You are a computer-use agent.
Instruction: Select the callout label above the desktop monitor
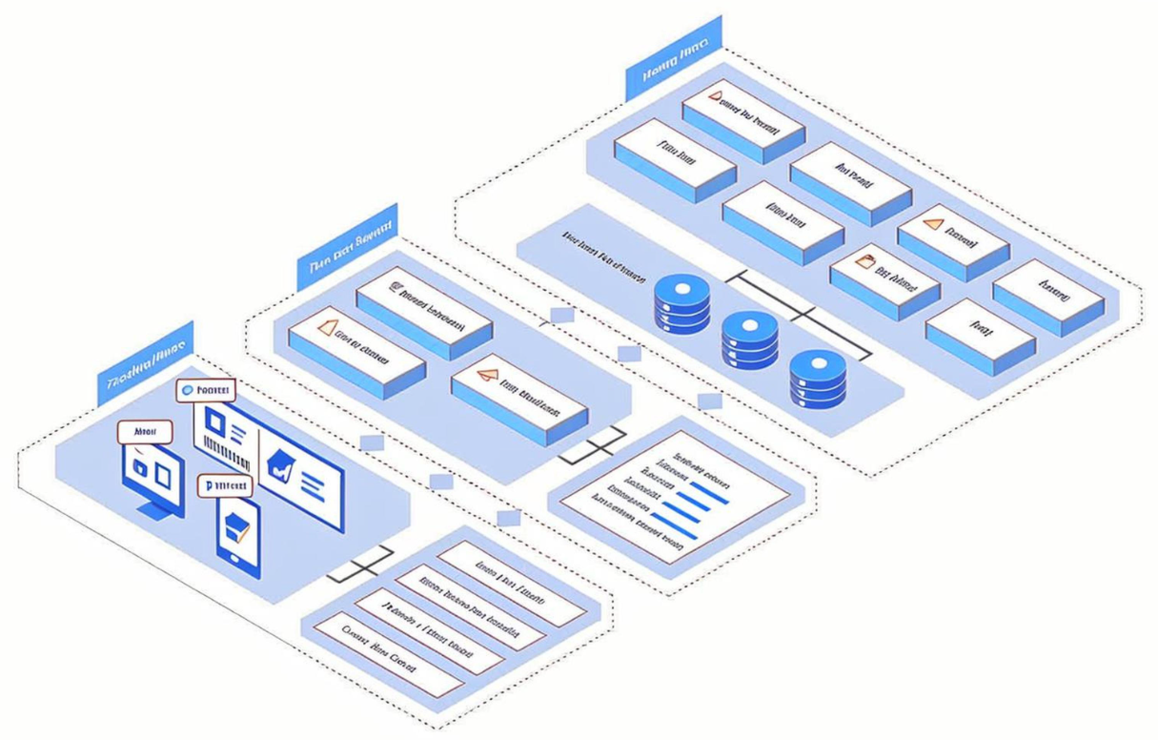(145, 432)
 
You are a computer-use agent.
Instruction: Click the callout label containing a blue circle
(205, 390)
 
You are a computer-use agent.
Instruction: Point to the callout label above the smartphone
(226, 485)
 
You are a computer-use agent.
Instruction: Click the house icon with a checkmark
(281, 466)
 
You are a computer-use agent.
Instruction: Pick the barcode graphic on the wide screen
(226, 455)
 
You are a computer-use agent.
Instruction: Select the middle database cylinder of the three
(749, 339)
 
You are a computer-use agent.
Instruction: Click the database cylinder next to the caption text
(681, 304)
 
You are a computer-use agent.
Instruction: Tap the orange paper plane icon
(487, 376)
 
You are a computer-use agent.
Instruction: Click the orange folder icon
(864, 260)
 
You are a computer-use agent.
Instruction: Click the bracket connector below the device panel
(362, 564)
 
